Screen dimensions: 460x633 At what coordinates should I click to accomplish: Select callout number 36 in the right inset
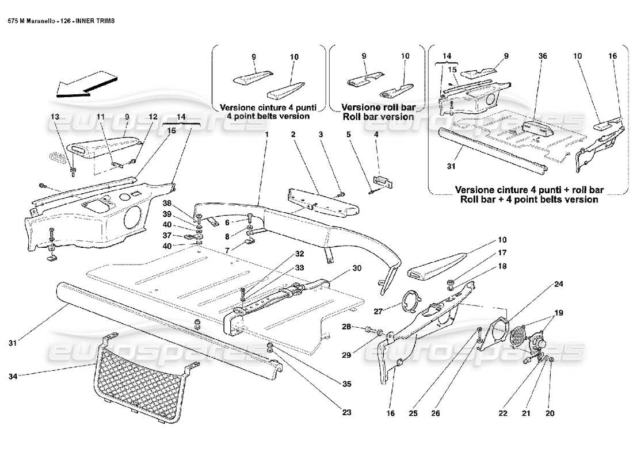(x=543, y=56)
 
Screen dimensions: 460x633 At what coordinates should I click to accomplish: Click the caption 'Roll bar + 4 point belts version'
(x=526, y=200)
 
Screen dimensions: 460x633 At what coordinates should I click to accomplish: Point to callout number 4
(x=376, y=134)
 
